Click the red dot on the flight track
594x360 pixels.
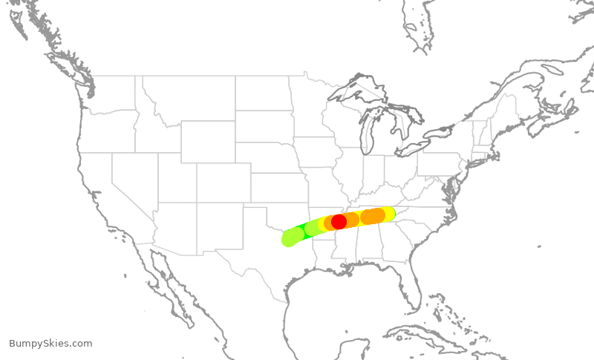pyautogui.click(x=339, y=221)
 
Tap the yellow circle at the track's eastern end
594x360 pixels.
pyautogui.click(x=388, y=212)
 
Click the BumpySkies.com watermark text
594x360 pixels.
pyautogui.click(x=50, y=344)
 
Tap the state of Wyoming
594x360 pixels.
pyautogui.click(x=208, y=141)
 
